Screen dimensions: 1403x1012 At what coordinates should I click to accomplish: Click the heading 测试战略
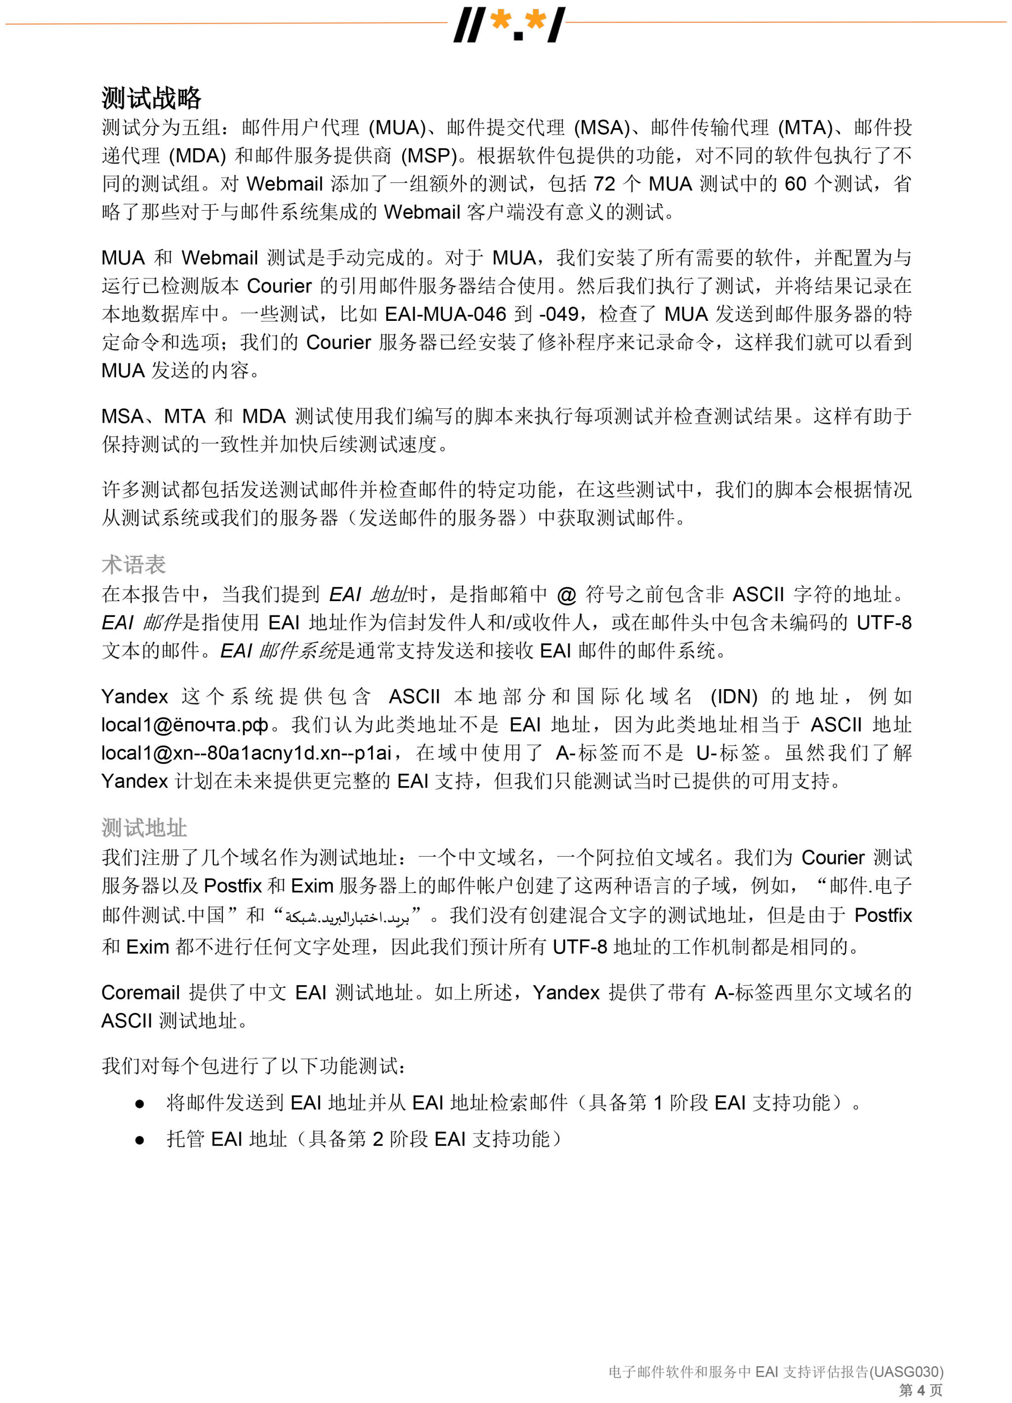point(152,98)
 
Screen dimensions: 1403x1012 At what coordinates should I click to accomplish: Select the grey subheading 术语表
point(133,564)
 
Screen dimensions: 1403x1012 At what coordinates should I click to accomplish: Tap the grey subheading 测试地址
point(144,828)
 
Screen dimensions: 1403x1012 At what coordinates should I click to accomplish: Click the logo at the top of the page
point(509,25)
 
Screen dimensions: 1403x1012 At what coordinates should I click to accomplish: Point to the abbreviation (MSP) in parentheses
point(428,156)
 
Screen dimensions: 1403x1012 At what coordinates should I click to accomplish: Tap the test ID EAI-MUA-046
point(445,314)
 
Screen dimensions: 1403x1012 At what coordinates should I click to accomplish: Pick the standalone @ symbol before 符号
point(566,595)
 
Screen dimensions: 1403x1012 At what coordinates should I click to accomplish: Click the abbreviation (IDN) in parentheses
point(734,697)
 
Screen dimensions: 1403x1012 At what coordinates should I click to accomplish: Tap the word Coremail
point(140,992)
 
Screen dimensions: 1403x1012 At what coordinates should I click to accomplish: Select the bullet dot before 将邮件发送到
point(140,1103)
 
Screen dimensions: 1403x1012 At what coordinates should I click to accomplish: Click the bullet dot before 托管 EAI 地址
point(140,1140)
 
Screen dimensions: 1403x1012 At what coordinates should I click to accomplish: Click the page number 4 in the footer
point(921,1390)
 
